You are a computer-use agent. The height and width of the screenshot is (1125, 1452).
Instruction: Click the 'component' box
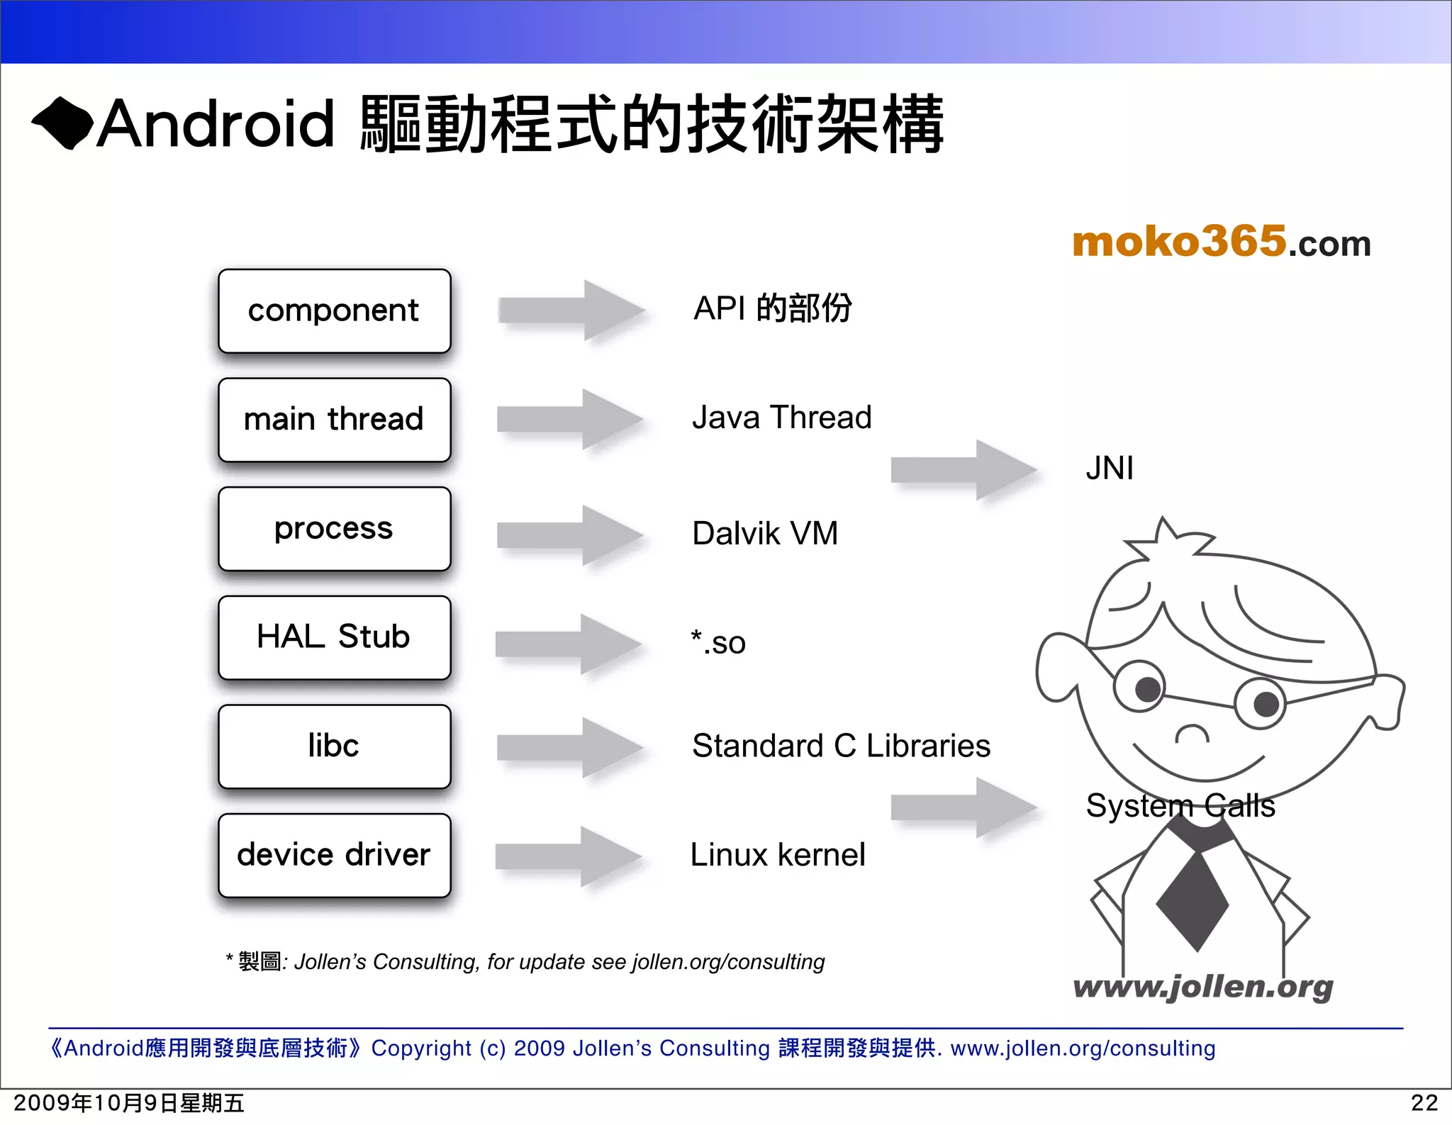334,311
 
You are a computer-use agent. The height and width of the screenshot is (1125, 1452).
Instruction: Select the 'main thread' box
334,420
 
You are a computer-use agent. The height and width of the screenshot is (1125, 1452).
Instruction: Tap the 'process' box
334,529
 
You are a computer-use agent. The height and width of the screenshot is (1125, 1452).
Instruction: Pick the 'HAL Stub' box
334,637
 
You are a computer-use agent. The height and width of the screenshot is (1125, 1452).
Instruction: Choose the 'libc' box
334,746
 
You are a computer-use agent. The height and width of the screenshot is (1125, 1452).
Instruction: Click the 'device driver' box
334,855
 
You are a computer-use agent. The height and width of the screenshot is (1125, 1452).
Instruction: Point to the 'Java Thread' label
781,418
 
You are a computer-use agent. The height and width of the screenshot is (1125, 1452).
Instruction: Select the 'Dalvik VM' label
765,533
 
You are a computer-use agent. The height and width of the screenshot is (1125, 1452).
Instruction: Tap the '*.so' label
718,642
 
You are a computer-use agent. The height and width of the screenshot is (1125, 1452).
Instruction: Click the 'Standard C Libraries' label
841,746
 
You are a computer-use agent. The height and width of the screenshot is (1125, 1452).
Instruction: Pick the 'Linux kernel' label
778,855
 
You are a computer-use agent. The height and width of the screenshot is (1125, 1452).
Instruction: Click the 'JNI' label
1110,469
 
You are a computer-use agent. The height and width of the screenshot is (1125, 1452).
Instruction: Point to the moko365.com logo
1221,242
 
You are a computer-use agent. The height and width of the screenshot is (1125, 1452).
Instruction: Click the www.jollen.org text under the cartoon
1202,987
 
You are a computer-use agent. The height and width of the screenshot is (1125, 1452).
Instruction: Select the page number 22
1424,1103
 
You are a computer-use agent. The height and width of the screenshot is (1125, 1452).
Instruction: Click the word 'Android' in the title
216,124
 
